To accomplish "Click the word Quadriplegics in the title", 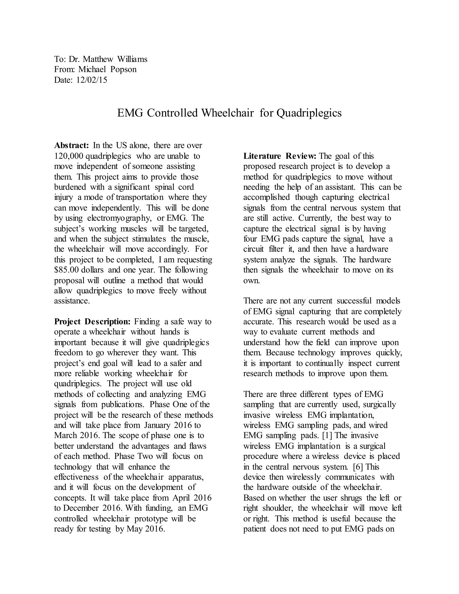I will coord(309,113).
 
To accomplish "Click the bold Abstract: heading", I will coord(71,145).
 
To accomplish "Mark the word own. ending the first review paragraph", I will coord(251,281).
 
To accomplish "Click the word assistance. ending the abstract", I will coord(72,301).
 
